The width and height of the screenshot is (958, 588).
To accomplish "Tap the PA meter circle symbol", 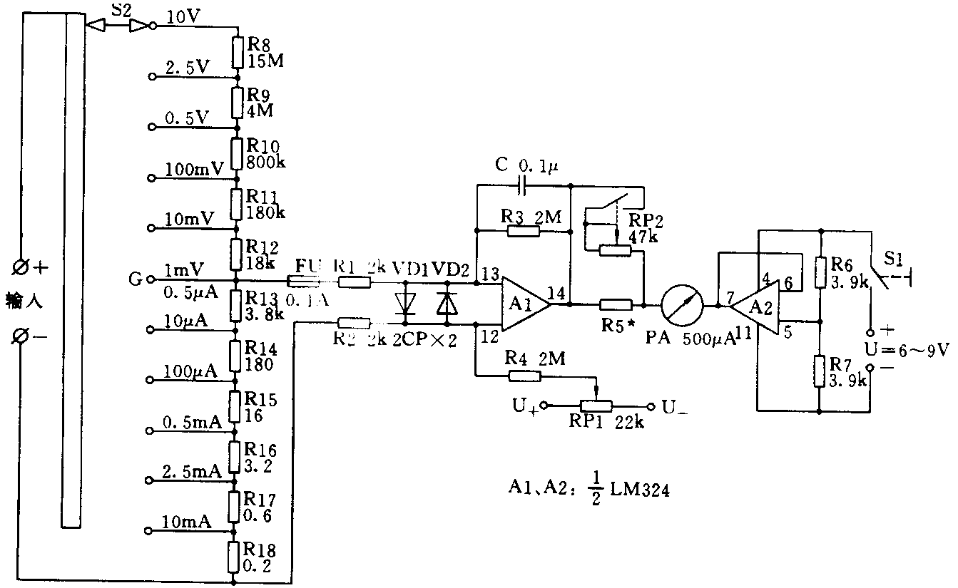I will click(681, 305).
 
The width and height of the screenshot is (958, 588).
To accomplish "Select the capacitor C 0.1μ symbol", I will click(524, 187).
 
